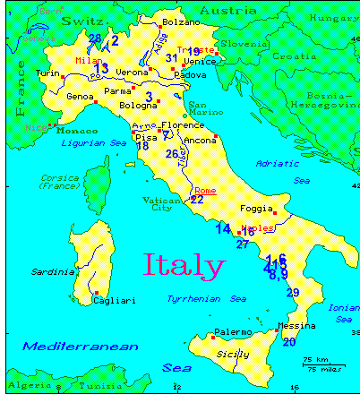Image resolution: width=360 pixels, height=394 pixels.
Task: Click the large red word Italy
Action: pos(184,265)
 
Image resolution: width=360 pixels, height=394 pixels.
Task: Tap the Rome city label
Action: pos(204,190)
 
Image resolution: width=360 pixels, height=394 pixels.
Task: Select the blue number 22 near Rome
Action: pos(197,200)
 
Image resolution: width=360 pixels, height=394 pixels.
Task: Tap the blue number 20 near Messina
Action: pos(288,342)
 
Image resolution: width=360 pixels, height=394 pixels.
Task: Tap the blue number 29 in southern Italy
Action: pos(292,293)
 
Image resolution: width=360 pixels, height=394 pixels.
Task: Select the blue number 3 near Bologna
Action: pos(149,96)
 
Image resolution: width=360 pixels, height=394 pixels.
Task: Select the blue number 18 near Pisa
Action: pos(141,145)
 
